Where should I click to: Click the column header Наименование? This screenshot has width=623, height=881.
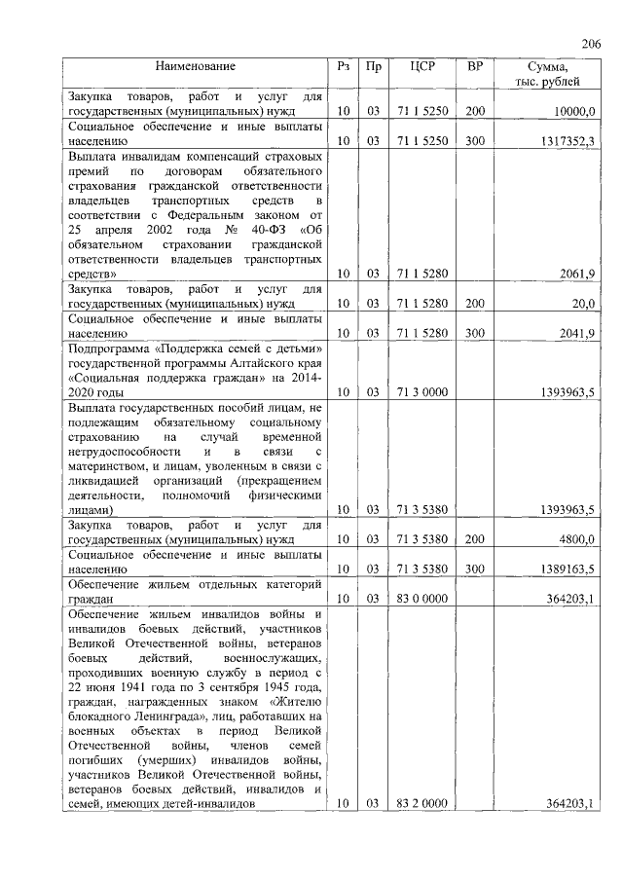tap(195, 67)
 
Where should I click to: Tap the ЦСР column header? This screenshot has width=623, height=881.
tap(421, 67)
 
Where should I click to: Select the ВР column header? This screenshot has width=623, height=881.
tap(474, 67)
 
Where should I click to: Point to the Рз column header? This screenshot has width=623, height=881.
tap(343, 67)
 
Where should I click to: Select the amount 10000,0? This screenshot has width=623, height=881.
tap(573, 112)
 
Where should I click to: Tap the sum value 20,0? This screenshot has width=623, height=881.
tap(582, 305)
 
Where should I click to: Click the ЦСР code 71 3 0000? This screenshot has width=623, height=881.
tap(421, 392)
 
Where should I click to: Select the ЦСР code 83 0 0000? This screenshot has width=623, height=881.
tap(421, 597)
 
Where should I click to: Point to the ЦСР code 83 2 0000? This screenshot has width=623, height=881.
tap(421, 803)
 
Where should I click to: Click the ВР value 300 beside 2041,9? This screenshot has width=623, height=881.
tap(474, 334)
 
